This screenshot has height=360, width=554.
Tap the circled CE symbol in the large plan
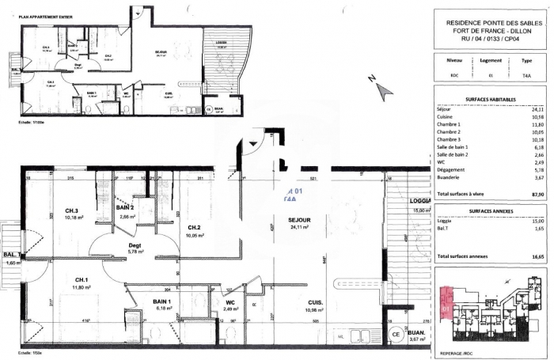coord(395,335)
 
